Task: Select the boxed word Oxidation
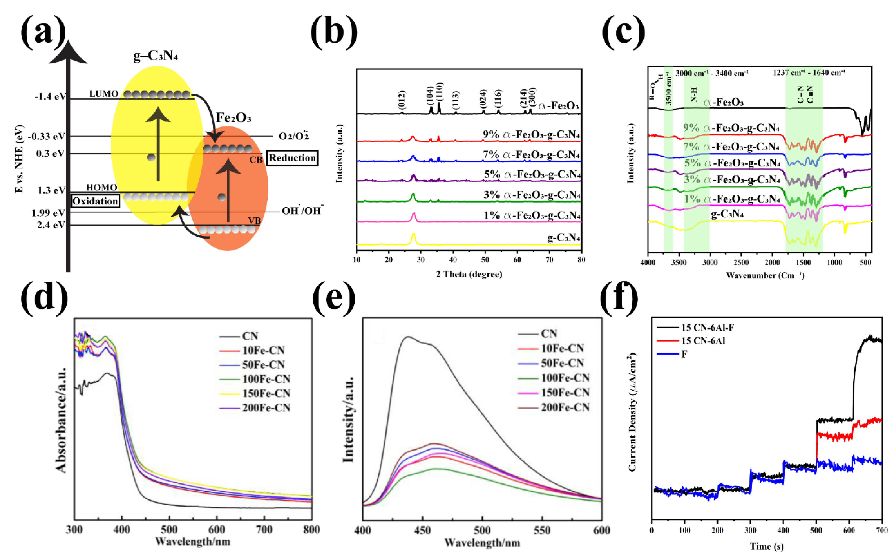coord(95,201)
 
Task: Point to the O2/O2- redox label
coord(294,136)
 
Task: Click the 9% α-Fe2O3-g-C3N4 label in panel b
coord(531,135)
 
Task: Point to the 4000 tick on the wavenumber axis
coord(648,263)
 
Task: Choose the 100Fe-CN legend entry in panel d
coord(266,379)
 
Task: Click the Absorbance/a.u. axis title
coord(61,420)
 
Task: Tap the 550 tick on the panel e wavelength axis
coord(542,531)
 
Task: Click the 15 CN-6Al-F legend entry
coord(707,327)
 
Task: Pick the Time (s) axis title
coord(766,546)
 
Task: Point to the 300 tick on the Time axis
coord(750,530)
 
